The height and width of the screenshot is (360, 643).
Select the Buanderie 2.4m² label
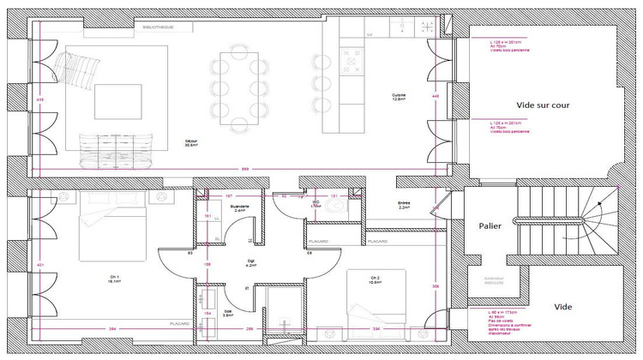(x=240, y=209)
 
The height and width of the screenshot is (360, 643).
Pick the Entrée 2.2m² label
(x=403, y=206)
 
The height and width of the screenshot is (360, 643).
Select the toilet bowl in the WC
(x=315, y=207)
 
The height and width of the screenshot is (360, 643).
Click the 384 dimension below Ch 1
(x=111, y=330)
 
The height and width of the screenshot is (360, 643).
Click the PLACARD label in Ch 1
(x=178, y=324)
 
